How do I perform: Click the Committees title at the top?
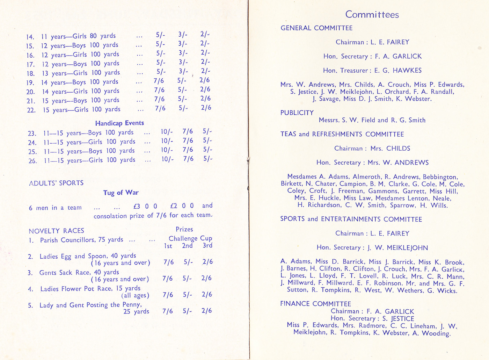(372, 14)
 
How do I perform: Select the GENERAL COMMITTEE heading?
(316, 28)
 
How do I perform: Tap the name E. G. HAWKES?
(398, 70)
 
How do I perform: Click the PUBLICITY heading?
(297, 113)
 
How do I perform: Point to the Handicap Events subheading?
(119, 123)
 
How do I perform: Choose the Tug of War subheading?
(121, 193)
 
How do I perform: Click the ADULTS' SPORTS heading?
(56, 183)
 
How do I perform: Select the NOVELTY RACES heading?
(56, 231)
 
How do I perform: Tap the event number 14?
(30, 37)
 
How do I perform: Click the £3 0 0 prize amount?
(145, 206)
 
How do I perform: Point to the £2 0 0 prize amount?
(182, 206)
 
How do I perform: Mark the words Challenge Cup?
(190, 238)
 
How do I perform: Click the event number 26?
(32, 161)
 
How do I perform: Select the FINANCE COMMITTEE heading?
(315, 304)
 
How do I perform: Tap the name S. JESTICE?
(398, 318)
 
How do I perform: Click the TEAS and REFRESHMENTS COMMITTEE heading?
(342, 134)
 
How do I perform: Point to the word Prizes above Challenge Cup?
(184, 229)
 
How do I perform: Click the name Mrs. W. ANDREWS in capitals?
(398, 163)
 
